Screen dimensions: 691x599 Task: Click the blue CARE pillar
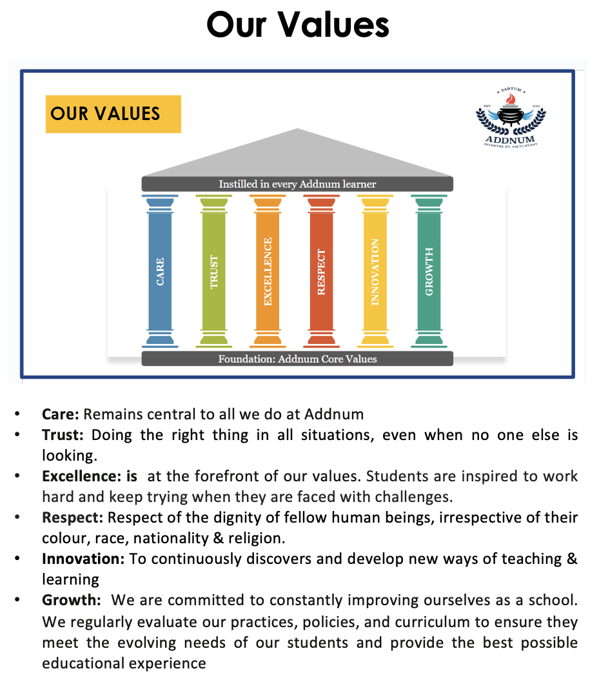160,271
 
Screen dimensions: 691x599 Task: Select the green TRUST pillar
214,271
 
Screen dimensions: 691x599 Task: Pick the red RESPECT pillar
321,271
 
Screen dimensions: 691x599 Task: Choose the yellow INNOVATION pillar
375,271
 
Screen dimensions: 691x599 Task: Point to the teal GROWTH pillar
429,271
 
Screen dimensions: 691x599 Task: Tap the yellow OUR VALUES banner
113,114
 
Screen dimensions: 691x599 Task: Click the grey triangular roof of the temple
297,155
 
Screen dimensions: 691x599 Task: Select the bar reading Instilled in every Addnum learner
297,184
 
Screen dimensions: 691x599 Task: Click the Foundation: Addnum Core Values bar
297,359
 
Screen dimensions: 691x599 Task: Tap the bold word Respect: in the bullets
73,517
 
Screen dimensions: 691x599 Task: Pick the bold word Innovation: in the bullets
84,559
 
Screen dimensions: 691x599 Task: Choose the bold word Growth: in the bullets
72,600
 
